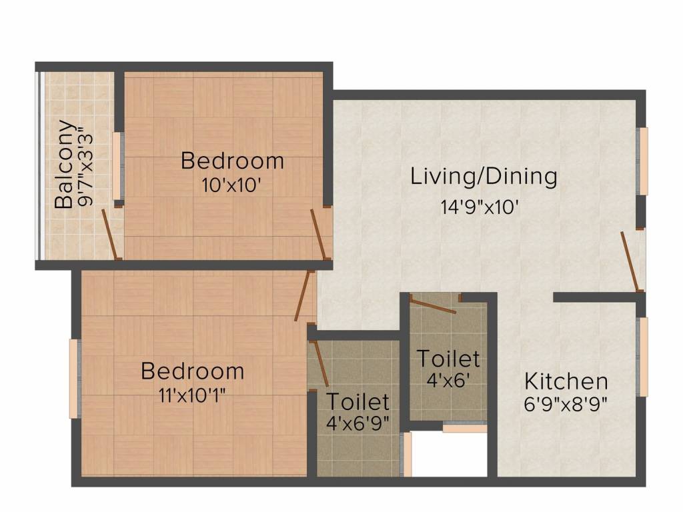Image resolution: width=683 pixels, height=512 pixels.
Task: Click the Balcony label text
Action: click(x=64, y=165)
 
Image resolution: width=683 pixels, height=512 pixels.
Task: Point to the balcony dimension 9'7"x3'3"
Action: click(x=84, y=165)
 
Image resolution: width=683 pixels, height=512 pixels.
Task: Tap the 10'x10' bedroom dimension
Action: click(x=231, y=185)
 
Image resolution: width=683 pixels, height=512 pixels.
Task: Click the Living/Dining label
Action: click(x=484, y=177)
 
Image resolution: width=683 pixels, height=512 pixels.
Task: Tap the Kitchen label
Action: click(x=566, y=382)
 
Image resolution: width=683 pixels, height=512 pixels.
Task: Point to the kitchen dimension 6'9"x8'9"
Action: click(x=566, y=404)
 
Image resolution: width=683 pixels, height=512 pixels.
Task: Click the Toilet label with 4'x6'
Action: click(x=448, y=359)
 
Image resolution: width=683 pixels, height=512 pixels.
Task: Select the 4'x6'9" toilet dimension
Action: click(x=358, y=423)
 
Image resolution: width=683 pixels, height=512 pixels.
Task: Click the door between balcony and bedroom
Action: click(x=110, y=235)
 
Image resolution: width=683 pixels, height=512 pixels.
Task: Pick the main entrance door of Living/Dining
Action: click(x=630, y=261)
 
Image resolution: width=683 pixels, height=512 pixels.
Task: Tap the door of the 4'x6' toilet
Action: click(x=434, y=305)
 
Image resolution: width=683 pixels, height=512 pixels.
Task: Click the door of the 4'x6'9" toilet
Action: click(x=321, y=363)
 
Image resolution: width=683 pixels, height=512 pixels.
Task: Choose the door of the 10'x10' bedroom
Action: click(x=320, y=235)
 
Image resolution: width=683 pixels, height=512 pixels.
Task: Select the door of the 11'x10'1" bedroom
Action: click(x=304, y=296)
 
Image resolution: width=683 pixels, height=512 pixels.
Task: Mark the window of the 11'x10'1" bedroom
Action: click(x=75, y=379)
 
